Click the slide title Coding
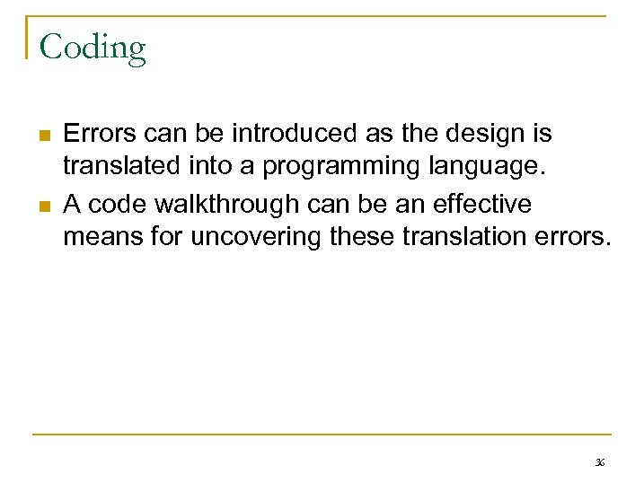click(x=93, y=47)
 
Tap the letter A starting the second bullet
click(x=73, y=205)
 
